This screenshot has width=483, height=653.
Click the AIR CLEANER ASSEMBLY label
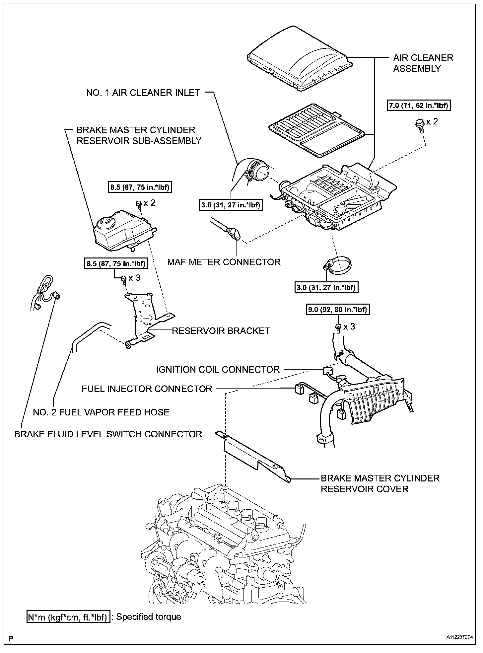423,63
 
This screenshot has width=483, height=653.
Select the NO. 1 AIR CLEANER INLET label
143,93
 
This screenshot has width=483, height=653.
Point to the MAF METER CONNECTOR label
224,262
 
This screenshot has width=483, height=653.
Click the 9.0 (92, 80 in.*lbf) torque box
336,310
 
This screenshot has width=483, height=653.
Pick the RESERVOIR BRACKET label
221,330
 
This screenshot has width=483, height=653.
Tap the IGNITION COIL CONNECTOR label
218,369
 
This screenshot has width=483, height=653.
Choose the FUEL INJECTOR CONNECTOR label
147,389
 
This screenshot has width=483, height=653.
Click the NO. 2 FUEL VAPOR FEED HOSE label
101,412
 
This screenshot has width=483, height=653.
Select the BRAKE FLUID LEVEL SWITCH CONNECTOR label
108,434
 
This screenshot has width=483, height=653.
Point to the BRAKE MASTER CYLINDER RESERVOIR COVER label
380,483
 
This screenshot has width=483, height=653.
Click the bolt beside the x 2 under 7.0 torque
419,125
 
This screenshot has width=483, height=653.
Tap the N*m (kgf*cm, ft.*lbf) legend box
68,617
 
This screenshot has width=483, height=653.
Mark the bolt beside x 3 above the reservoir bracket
123,279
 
